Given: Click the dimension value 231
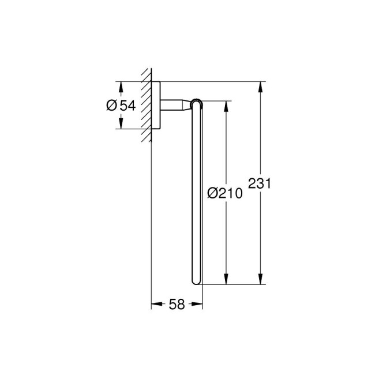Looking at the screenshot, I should (260, 185).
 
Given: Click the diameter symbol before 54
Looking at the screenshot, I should (112, 105).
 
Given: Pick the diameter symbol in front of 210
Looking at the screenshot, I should (212, 194).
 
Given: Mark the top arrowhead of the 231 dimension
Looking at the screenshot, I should (261, 86).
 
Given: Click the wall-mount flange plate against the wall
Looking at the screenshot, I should (156, 105).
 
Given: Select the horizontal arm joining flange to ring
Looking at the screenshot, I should (175, 105).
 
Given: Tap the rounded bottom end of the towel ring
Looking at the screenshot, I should (196, 282).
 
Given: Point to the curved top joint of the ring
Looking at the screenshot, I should (197, 103).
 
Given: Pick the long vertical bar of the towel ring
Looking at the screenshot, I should (196, 190).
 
